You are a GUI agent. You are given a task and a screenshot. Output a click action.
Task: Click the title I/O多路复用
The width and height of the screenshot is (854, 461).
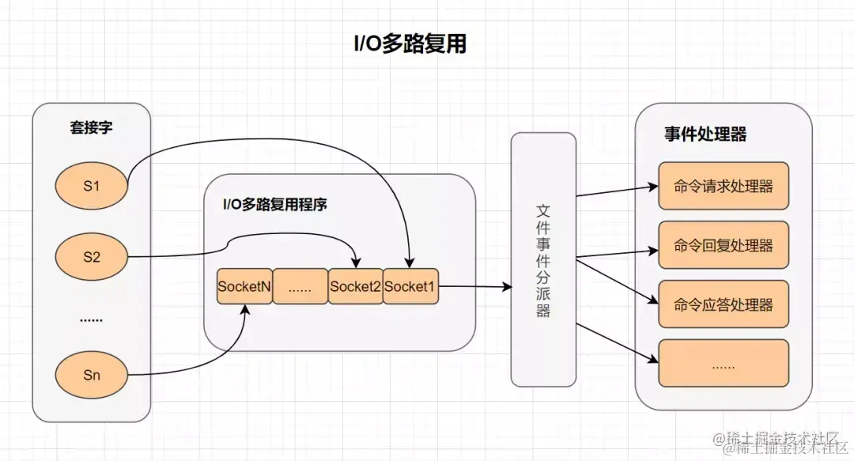409,44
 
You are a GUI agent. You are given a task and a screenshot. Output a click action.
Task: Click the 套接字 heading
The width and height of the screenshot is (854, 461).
91,128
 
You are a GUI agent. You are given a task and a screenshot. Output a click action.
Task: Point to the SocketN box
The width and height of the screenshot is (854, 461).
244,287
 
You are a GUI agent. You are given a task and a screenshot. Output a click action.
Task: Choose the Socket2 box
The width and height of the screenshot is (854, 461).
355,287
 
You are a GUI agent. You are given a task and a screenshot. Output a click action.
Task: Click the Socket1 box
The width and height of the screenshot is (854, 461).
410,287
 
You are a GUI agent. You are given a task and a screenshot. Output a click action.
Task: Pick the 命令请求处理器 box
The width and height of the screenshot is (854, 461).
724,187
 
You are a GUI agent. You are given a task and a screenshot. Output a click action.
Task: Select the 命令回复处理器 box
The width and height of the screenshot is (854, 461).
724,245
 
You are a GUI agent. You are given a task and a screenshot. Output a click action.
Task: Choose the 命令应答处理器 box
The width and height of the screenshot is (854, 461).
724,304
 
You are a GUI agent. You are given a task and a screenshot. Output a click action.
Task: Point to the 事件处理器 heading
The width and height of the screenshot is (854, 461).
705,135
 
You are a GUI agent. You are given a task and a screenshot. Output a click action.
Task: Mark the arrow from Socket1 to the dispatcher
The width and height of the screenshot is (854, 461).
474,287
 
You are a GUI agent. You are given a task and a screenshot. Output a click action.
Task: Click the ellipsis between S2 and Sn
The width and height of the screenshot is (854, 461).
92,319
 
